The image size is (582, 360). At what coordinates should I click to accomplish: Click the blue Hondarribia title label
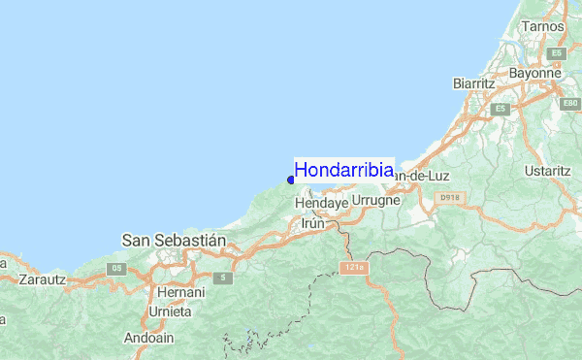[344, 170]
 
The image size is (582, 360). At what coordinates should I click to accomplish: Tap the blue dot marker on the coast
[291, 179]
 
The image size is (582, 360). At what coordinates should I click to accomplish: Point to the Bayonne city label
[534, 73]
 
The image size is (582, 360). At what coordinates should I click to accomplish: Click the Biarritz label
[473, 83]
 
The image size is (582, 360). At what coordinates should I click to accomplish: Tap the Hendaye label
[320, 204]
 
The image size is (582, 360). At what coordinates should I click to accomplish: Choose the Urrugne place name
[375, 200]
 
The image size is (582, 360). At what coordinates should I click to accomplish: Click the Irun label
[313, 223]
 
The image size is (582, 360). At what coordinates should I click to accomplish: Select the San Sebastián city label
[174, 239]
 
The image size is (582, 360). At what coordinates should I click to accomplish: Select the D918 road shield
[447, 197]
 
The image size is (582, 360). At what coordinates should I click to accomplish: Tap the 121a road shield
[351, 267]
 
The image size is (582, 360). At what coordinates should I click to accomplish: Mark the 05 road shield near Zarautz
[118, 268]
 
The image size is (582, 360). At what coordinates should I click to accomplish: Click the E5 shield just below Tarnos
[557, 53]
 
